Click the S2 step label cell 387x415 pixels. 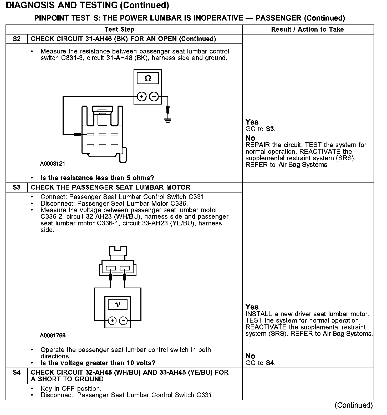tap(17, 39)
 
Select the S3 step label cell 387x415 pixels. tap(17, 187)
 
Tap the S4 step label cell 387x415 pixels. tap(17, 373)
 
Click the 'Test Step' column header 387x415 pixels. tap(119, 29)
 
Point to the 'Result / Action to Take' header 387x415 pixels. tap(307, 29)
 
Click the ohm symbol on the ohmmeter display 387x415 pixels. tap(148, 78)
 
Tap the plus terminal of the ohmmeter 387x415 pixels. tap(142, 97)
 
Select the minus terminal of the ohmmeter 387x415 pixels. tap(154, 97)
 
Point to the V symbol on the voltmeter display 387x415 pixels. tap(118, 305)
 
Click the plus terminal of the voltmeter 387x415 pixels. tap(112, 321)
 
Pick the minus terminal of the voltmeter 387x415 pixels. tap(123, 321)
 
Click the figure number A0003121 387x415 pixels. tap(53, 164)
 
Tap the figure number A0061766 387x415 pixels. tap(53, 335)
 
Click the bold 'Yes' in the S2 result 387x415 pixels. tap(252, 122)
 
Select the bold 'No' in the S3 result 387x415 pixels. tap(250, 356)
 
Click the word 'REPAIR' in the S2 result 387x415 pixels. tap(258, 145)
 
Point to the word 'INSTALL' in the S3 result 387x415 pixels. tap(259, 314)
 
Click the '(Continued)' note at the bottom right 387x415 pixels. tap(353, 405)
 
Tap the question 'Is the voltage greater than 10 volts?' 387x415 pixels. tap(98, 363)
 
